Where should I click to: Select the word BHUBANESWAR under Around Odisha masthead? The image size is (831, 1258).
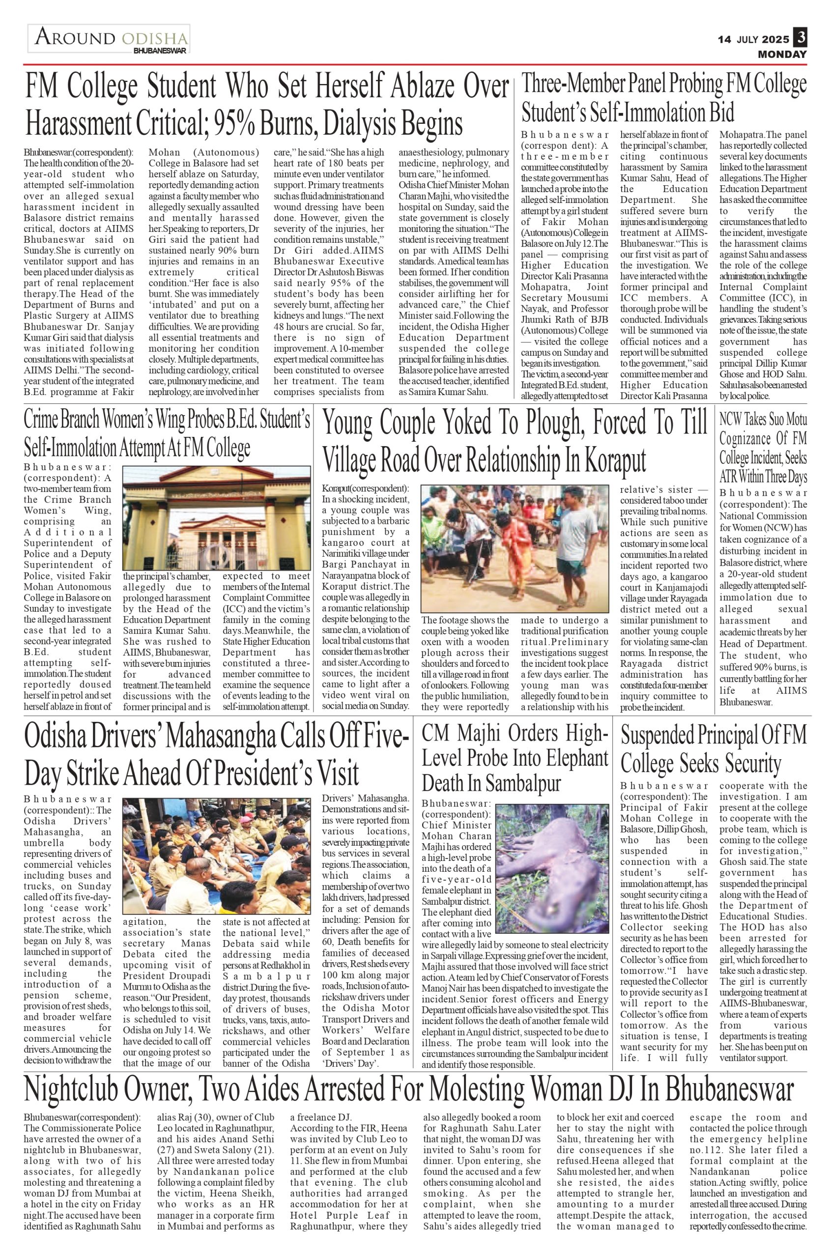click(x=160, y=51)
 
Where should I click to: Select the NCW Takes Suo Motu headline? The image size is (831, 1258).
click(x=763, y=448)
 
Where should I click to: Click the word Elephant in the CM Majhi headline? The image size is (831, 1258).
click(x=573, y=757)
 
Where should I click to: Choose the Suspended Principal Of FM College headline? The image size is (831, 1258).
click(x=713, y=749)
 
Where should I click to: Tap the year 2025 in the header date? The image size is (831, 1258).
click(x=776, y=39)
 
